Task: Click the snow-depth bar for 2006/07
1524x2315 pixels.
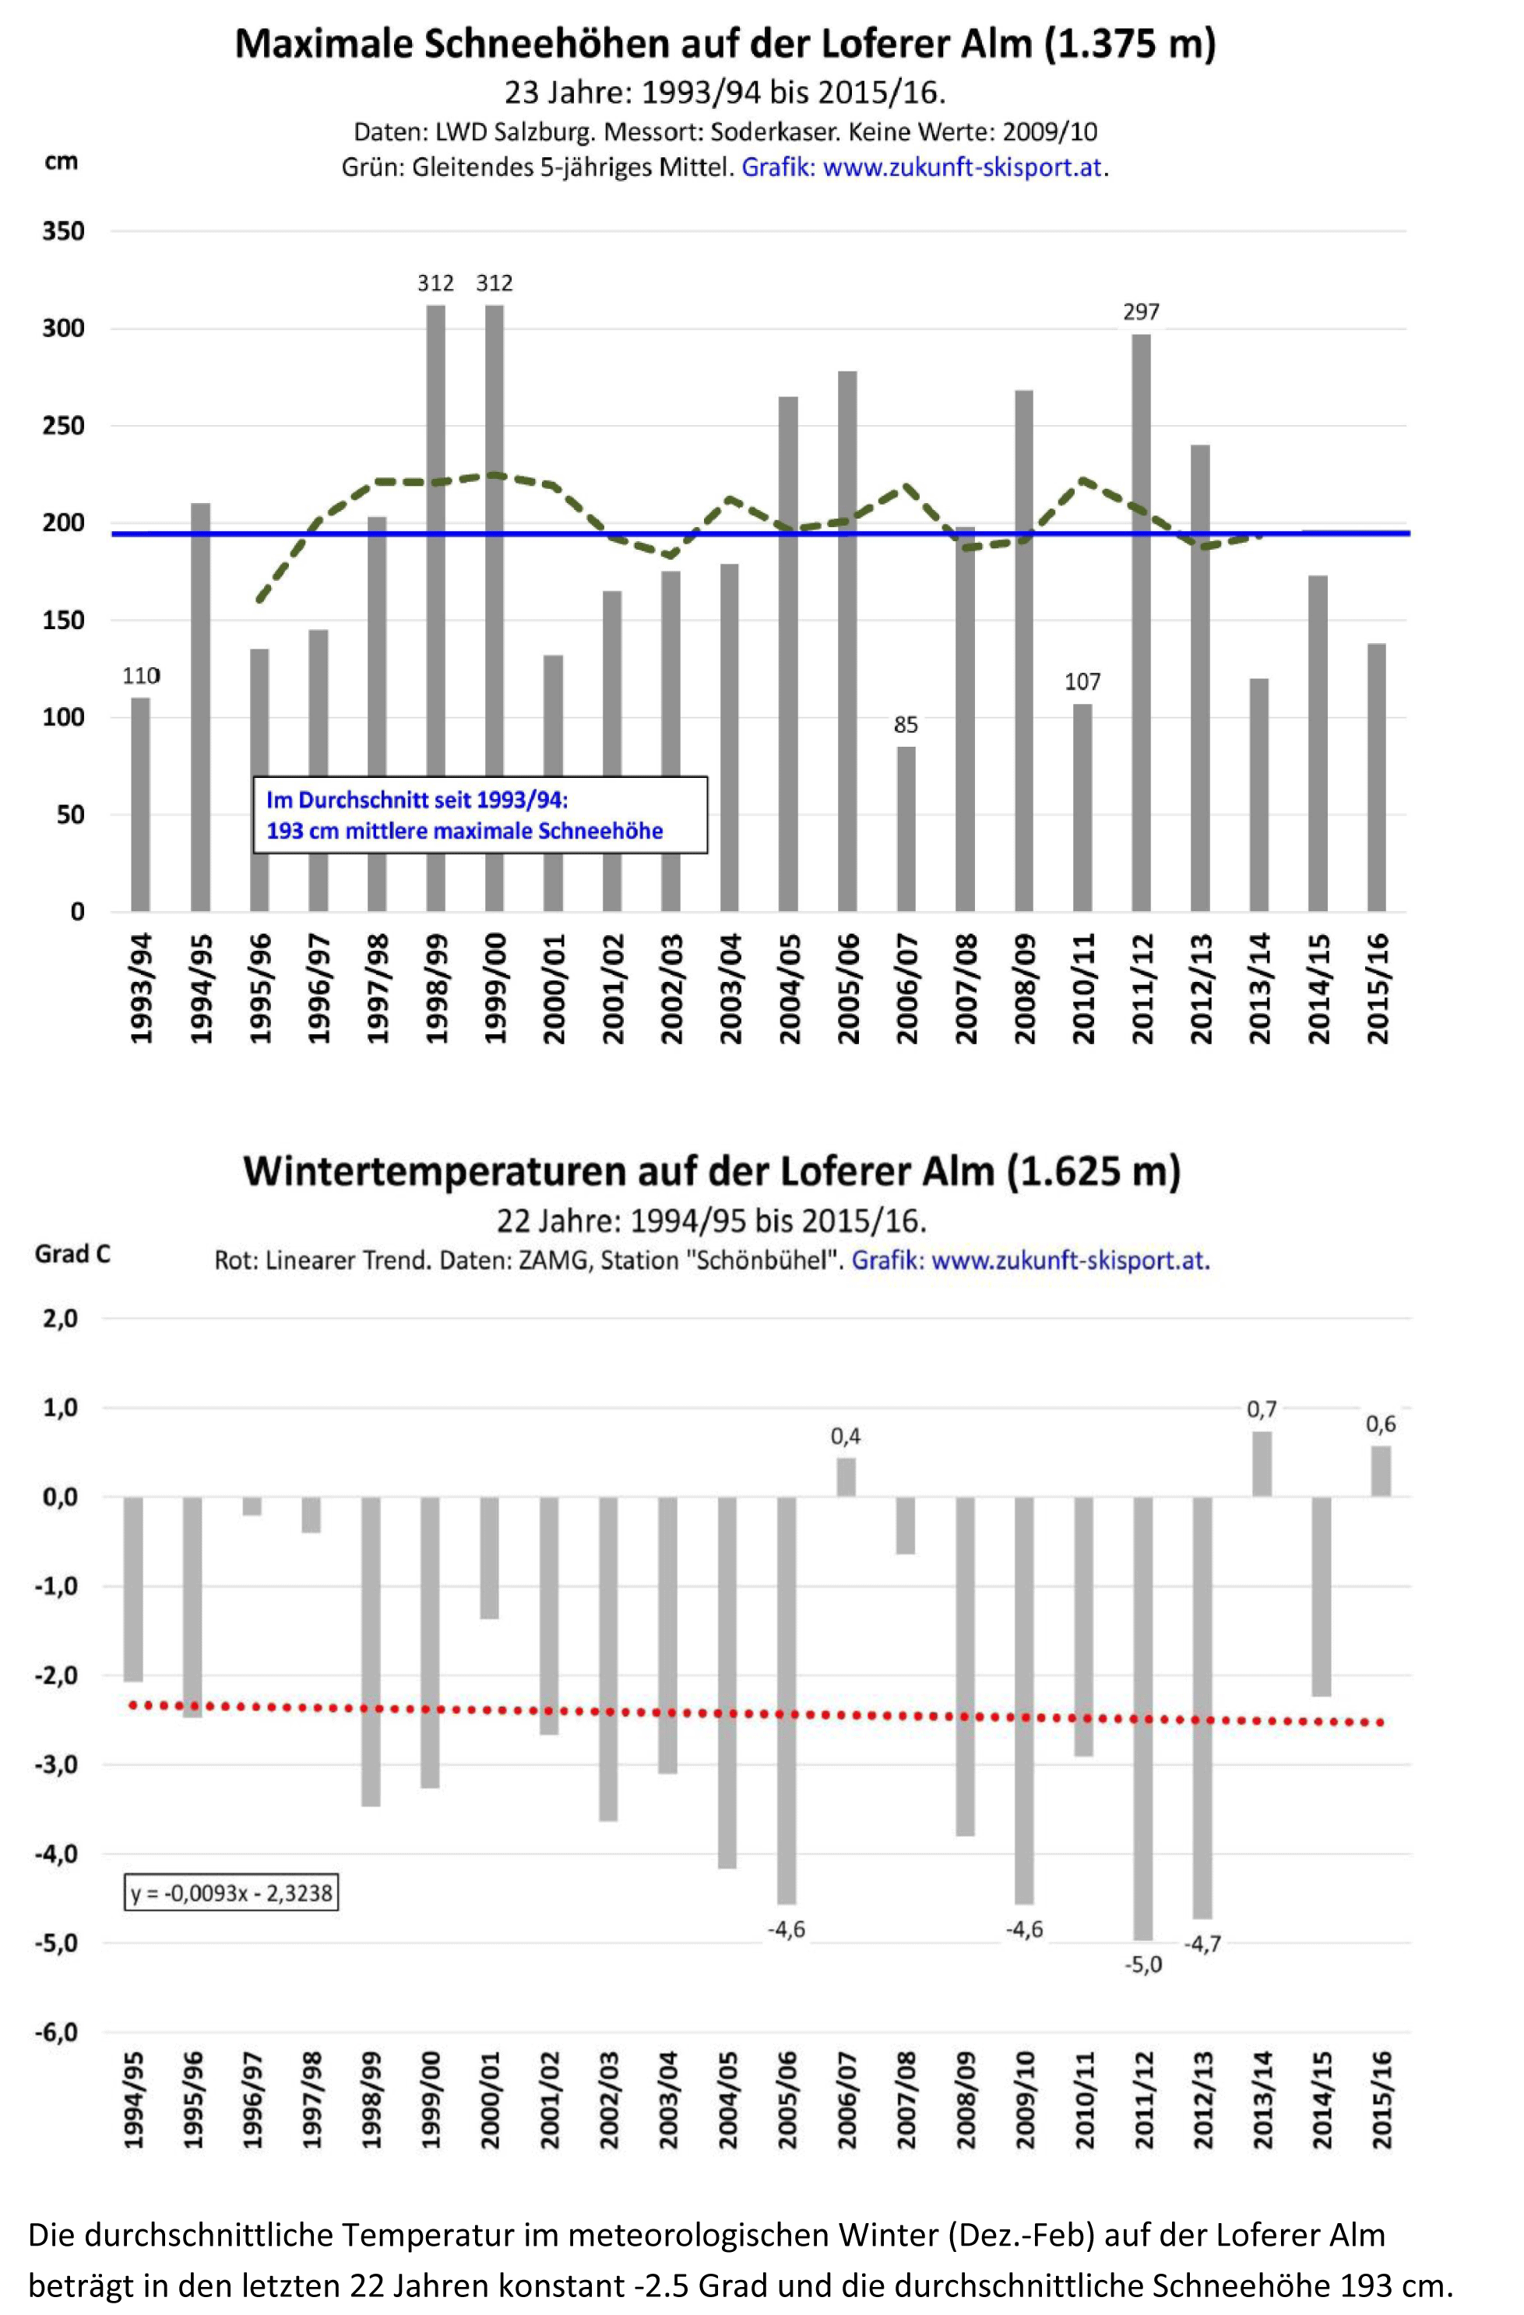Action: pos(906,829)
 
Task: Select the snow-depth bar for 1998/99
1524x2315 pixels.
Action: pos(435,608)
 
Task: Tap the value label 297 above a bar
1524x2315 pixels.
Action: pos(1141,311)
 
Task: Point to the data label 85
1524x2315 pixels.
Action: pos(906,725)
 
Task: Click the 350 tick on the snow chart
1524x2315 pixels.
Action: pos(63,231)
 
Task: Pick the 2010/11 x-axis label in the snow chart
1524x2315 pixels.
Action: pos(1083,988)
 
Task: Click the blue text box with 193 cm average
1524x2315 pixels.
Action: pos(480,815)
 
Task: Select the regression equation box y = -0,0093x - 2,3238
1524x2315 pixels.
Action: pos(231,1893)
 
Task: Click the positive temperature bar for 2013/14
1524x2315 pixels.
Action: pos(1262,1464)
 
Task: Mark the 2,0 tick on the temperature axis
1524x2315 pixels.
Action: pos(58,1319)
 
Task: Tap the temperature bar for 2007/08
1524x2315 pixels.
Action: pos(906,1525)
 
